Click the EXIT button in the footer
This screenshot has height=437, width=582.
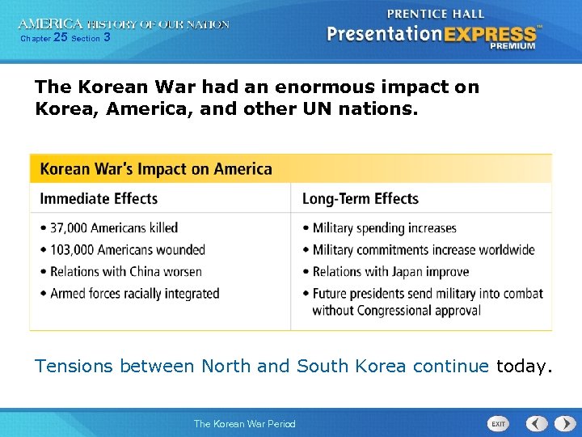point(499,423)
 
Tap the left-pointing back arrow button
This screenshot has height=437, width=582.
point(537,423)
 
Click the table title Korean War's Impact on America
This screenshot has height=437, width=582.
point(156,169)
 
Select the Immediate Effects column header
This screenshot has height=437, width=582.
point(99,198)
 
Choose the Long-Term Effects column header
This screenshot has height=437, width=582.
point(360,198)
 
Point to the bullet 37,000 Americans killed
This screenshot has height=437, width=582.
point(114,228)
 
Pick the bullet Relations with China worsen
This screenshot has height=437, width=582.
point(125,272)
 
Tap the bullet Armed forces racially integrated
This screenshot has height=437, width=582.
point(134,294)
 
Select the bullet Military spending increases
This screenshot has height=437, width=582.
point(384,228)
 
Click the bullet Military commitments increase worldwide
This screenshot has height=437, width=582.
point(423,250)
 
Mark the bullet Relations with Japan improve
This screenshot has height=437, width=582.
point(390,272)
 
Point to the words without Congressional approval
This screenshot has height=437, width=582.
point(396,311)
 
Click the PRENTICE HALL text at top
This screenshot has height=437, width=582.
point(436,14)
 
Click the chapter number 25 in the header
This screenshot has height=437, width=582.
point(60,37)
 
